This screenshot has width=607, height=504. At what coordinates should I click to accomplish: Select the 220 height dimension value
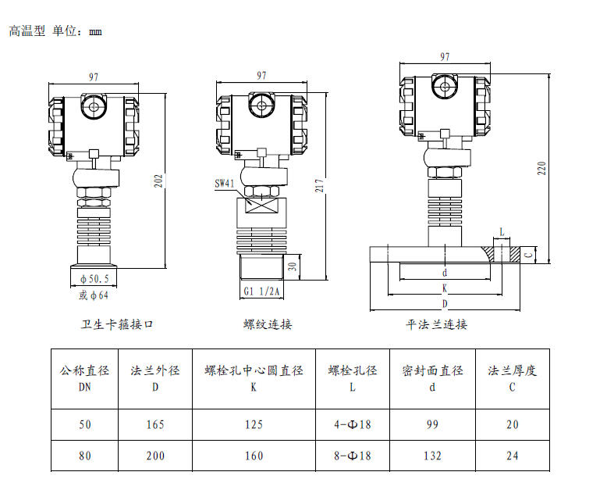[x=541, y=168]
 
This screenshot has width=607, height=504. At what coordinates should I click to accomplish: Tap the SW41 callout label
[x=224, y=184]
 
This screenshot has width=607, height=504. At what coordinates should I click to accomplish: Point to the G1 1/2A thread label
[x=263, y=291]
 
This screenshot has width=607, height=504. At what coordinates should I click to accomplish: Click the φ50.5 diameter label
[x=93, y=278]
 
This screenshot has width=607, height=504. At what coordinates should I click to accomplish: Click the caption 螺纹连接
[x=268, y=324]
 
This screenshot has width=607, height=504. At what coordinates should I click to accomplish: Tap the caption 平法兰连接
[x=436, y=324]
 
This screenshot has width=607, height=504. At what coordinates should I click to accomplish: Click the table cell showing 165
[x=155, y=424]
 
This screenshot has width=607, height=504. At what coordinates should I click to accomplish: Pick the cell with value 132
[x=432, y=456]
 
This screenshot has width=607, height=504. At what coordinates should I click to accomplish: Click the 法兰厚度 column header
[x=513, y=370]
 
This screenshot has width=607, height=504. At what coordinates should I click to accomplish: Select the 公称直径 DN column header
[x=85, y=377]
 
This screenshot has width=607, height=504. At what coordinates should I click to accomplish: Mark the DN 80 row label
[x=85, y=456]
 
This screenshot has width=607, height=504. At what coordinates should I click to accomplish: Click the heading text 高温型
[x=27, y=31]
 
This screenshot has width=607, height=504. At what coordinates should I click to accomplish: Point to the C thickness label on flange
[x=528, y=254]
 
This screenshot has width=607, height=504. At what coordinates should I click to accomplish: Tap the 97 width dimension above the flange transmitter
[x=445, y=57]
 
